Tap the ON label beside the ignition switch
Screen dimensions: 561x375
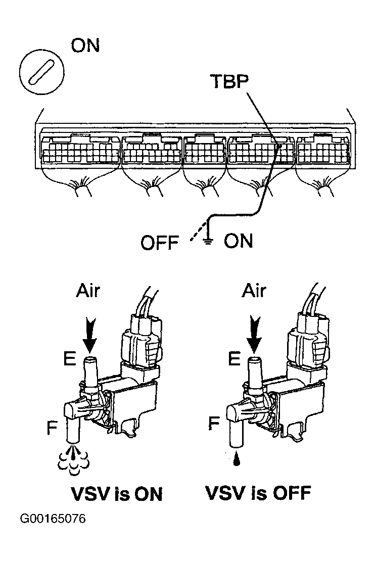click(85, 46)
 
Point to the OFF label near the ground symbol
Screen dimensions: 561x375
click(160, 244)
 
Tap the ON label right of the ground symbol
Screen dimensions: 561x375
click(238, 241)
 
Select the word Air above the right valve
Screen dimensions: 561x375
click(257, 292)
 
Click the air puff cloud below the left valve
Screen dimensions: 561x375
click(74, 458)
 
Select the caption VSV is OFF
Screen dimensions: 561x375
click(256, 493)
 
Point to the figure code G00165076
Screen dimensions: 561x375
click(53, 519)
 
